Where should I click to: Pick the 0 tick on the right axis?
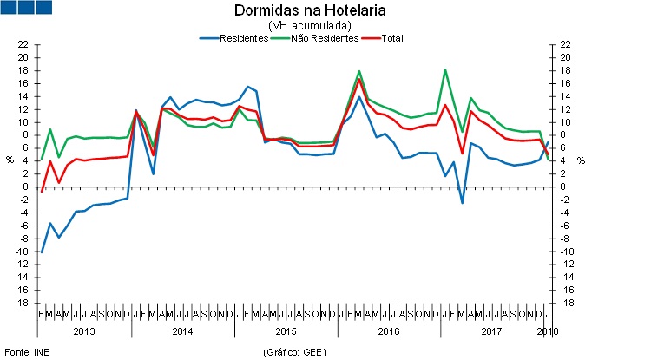click(x=564, y=187)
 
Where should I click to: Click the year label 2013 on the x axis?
click(x=84, y=331)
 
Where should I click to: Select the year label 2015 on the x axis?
click(x=286, y=331)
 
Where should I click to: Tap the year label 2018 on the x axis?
click(x=548, y=331)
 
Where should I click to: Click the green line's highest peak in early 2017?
click(x=445, y=69)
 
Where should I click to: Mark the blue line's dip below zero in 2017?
click(x=462, y=202)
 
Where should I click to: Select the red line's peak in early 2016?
click(x=359, y=80)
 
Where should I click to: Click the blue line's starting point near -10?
click(x=42, y=252)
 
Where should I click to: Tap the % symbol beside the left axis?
click(x=10, y=160)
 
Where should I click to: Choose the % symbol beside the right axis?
click(x=581, y=160)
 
